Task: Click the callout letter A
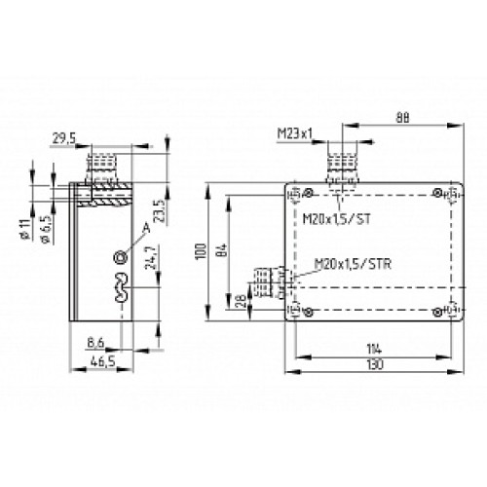(x=146, y=227)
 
